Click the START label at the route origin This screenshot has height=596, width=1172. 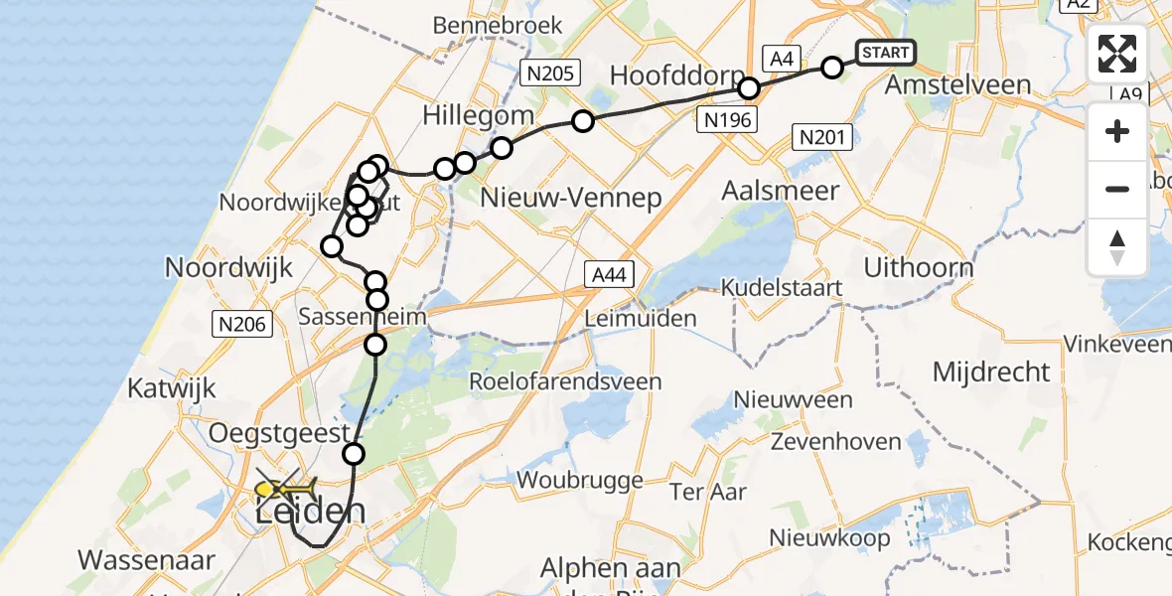(884, 53)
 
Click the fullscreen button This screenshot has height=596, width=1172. (1117, 54)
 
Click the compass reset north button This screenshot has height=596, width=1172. (1117, 247)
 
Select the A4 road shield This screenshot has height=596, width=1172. (781, 59)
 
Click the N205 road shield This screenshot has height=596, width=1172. (549, 72)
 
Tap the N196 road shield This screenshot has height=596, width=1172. (727, 120)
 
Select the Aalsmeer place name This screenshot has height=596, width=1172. (781, 191)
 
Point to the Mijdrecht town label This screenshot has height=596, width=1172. (990, 372)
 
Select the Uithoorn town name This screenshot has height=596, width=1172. (918, 267)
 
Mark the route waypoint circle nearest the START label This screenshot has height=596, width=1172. (832, 68)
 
